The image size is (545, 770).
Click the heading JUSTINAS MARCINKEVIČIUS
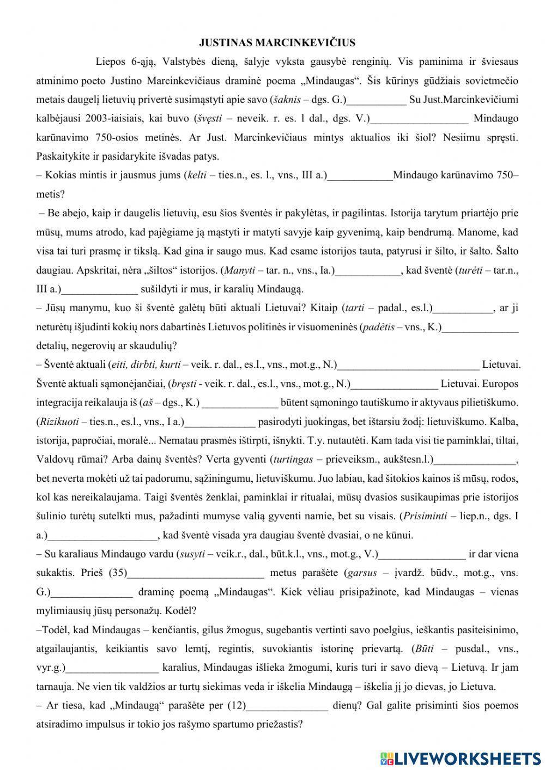pyautogui.click(x=277, y=43)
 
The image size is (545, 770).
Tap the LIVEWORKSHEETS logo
pyautogui.click(x=461, y=757)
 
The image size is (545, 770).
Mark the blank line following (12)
pyautogui.click(x=287, y=706)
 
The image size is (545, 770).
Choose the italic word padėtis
pyautogui.click(x=378, y=327)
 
